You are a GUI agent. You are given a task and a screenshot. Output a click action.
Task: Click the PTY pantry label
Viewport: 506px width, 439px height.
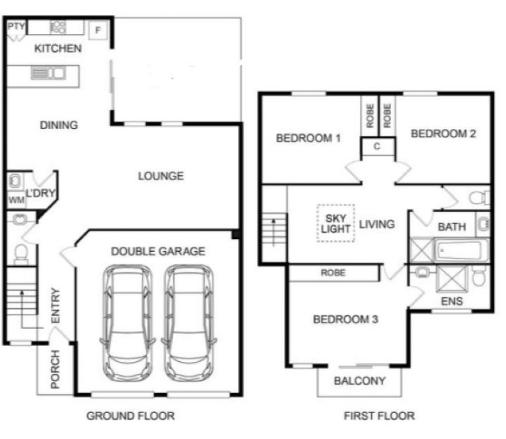pos(16,26)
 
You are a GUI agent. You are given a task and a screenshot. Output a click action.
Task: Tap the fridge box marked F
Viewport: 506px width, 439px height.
pos(98,30)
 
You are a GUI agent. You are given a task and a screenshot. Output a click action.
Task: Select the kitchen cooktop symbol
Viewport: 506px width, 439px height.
pos(58,27)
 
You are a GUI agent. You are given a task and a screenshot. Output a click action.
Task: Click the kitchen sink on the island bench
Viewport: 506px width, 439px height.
pos(49,73)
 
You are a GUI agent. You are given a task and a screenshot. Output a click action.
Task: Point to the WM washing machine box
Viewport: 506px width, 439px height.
pos(16,200)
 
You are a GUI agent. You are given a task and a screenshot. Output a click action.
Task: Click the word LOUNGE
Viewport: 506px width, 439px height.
pos(161,176)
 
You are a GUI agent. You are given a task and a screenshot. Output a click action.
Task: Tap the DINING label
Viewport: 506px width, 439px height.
pos(59,125)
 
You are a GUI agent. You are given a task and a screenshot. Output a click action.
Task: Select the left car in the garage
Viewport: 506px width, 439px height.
pos(128,323)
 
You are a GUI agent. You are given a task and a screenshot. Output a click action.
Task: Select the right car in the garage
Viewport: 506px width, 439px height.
pos(189,323)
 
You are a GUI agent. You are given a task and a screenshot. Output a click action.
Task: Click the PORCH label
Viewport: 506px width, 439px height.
pos(55,369)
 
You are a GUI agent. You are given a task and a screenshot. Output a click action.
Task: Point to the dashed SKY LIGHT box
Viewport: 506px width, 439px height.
pos(336,223)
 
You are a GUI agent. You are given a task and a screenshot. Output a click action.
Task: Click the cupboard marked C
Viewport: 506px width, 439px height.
pos(377,147)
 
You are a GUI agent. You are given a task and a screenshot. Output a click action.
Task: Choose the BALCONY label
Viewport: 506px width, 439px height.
pos(359,381)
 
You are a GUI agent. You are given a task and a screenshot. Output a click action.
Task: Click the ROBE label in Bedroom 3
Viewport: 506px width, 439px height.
pos(333,273)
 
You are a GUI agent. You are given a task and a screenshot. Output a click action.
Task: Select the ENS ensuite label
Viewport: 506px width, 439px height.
pos(452,301)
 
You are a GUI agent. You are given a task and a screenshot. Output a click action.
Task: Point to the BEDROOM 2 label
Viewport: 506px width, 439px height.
pos(443,133)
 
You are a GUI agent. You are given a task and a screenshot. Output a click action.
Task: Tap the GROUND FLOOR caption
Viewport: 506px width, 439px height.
pos(131,416)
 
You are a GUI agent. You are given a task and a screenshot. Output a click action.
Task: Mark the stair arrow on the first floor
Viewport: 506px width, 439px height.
pos(274,232)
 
